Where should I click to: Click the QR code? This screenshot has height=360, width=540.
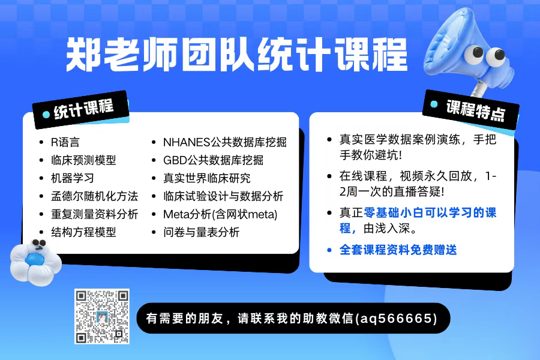(102, 316)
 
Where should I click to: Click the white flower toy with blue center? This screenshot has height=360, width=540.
(35, 262)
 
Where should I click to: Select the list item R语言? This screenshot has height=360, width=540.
(65, 142)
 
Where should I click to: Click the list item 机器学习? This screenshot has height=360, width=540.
(73, 178)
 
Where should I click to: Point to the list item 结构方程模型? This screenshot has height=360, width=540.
(83, 232)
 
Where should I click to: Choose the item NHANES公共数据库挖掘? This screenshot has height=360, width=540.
(225, 142)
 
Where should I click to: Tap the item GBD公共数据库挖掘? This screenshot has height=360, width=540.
(213, 160)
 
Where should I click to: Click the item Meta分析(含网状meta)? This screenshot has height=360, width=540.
(220, 214)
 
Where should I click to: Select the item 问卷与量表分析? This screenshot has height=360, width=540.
(201, 232)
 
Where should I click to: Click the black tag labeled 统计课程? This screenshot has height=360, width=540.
(81, 110)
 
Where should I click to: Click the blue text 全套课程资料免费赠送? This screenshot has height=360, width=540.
(398, 250)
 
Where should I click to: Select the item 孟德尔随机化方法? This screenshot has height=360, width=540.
(94, 196)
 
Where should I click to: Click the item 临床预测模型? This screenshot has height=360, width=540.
(83, 160)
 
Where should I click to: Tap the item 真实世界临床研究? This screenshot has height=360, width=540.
(206, 178)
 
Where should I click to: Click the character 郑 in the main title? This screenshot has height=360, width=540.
(83, 54)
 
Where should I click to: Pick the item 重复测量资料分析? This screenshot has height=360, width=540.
(94, 214)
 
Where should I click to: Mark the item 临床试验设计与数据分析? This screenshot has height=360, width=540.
(223, 196)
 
